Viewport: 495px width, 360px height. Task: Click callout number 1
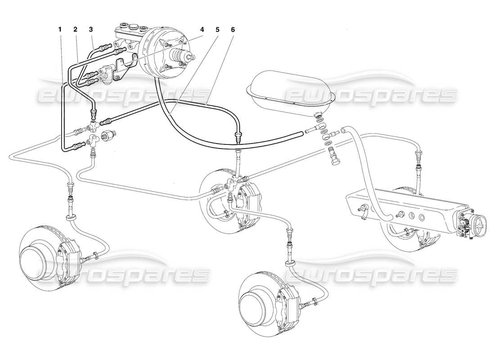(x=59, y=29)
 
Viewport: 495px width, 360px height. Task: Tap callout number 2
(x=75, y=29)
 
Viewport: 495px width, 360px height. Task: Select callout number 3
(x=91, y=29)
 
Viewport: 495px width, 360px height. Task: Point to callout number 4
(x=202, y=29)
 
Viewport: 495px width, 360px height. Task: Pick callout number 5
(x=218, y=29)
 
